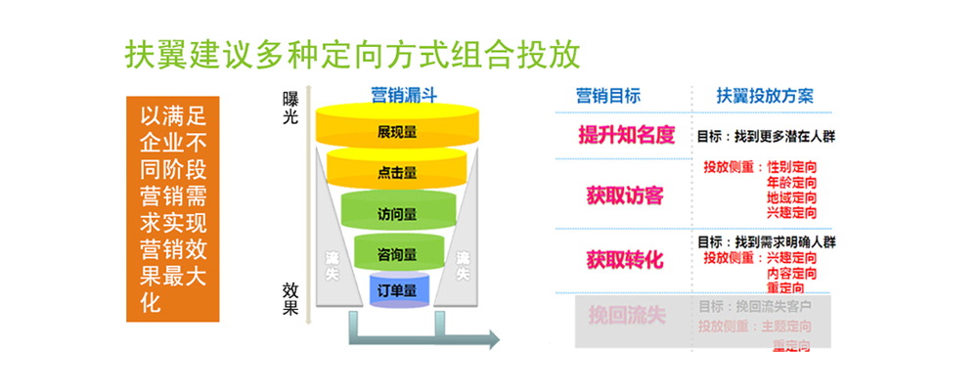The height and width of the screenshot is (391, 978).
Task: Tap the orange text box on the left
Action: pyautogui.click(x=173, y=208)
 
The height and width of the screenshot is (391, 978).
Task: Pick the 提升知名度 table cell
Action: pyautogui.click(x=627, y=135)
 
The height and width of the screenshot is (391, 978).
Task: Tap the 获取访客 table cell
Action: pyautogui.click(x=625, y=195)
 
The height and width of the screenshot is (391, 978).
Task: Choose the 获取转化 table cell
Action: pyautogui.click(x=625, y=259)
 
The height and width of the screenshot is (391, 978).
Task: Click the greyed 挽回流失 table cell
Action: pyautogui.click(x=626, y=316)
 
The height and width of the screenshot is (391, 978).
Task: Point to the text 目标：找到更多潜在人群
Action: pyautogui.click(x=766, y=136)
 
